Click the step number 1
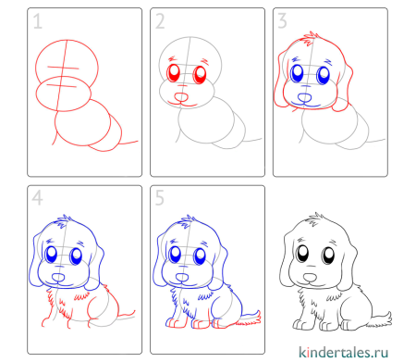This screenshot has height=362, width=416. coord(37,21)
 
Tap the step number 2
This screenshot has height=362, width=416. coord(160,21)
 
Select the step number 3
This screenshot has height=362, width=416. coord(282,21)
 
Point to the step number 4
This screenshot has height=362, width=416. coord(37,198)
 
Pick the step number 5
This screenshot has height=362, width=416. coord(160,198)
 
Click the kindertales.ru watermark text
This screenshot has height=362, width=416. coord(343,352)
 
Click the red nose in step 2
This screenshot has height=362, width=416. coord(181,97)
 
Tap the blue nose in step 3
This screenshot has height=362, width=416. coord(305,98)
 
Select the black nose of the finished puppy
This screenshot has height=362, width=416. coord(310,277)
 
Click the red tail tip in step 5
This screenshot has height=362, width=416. coord(258,318)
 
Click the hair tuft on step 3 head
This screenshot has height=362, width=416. coord(309,39)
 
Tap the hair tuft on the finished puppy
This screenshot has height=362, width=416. coord(314,219)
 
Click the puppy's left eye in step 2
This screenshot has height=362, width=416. coord(200,75)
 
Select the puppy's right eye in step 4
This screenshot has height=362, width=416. coord(51,254)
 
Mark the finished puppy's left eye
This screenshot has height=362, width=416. coord(328,256)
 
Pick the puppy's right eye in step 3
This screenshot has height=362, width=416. coord(297,74)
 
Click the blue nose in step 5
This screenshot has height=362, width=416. coord(182,277)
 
